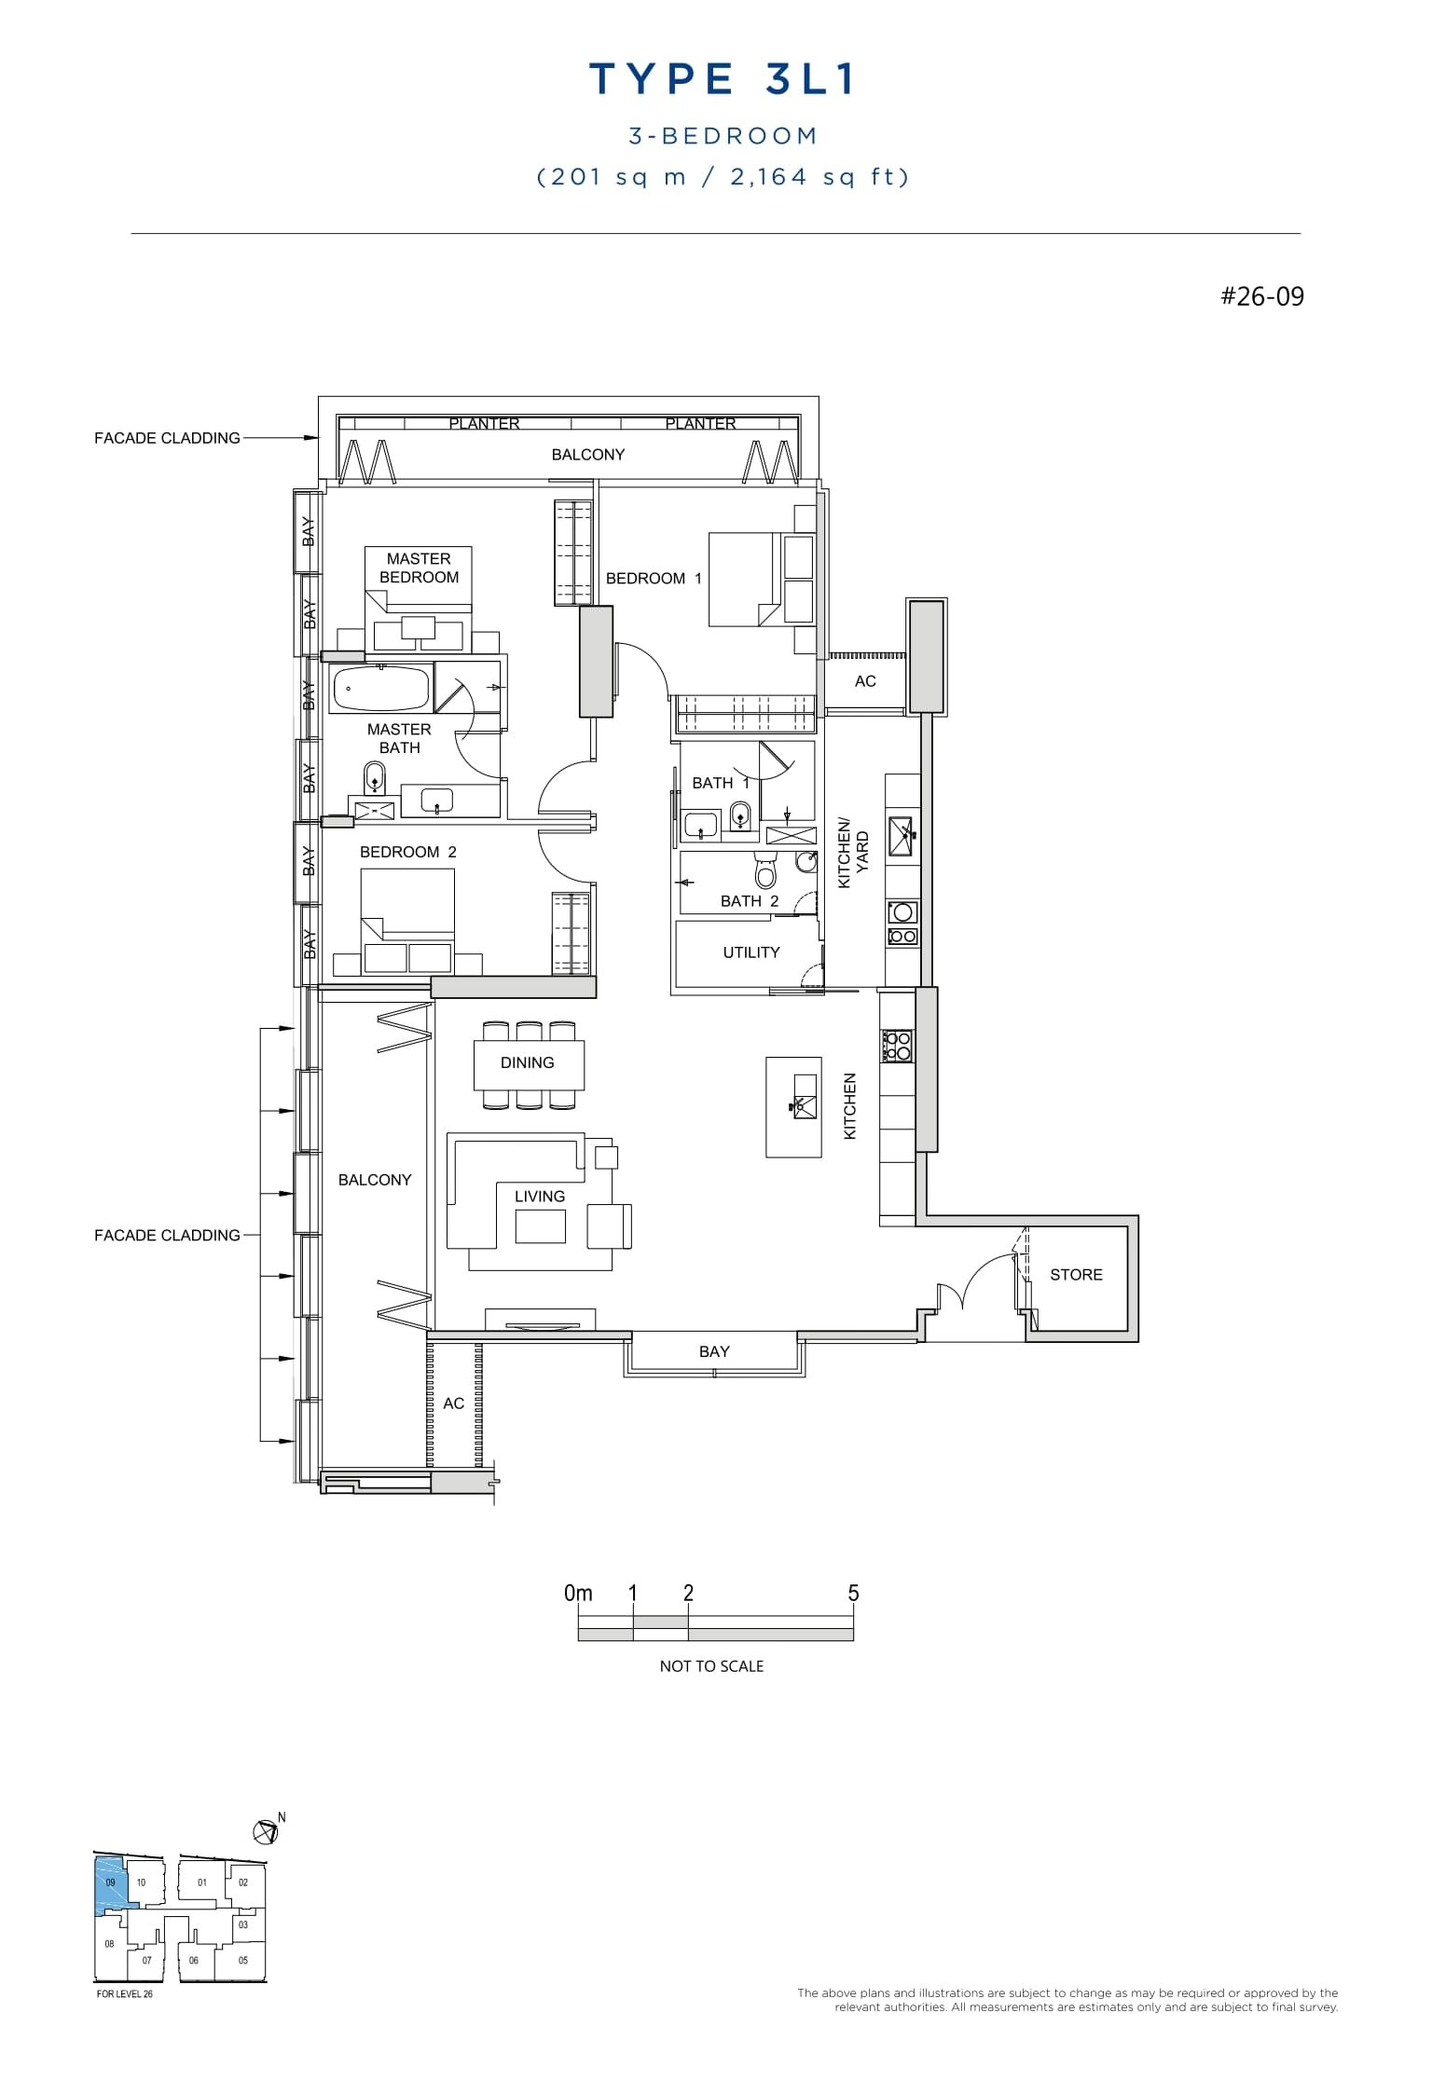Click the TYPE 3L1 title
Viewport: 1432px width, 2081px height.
(x=723, y=80)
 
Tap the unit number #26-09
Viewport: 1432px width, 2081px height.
(x=1262, y=297)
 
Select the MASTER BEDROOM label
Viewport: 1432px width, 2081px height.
(x=419, y=568)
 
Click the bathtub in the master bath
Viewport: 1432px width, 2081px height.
(x=380, y=689)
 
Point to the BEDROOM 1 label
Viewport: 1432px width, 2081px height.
(x=653, y=579)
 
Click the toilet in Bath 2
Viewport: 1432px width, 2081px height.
(x=765, y=872)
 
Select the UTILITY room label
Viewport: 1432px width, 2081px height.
(x=750, y=952)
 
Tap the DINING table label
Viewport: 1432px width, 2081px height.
(x=527, y=1062)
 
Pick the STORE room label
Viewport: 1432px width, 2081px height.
(x=1076, y=1275)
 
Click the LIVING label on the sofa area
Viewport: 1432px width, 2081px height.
(x=539, y=1197)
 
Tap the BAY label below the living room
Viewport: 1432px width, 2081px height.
(x=714, y=1351)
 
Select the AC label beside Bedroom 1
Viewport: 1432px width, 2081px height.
(x=865, y=681)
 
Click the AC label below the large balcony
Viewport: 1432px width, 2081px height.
(x=453, y=1403)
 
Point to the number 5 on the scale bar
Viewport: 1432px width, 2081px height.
(x=853, y=1594)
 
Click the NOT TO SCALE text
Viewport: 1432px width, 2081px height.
(x=711, y=1666)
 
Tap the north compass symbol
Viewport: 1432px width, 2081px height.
(x=266, y=1833)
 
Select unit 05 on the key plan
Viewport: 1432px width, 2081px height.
(x=242, y=1960)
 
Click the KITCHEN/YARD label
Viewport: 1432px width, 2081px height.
(x=853, y=853)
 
